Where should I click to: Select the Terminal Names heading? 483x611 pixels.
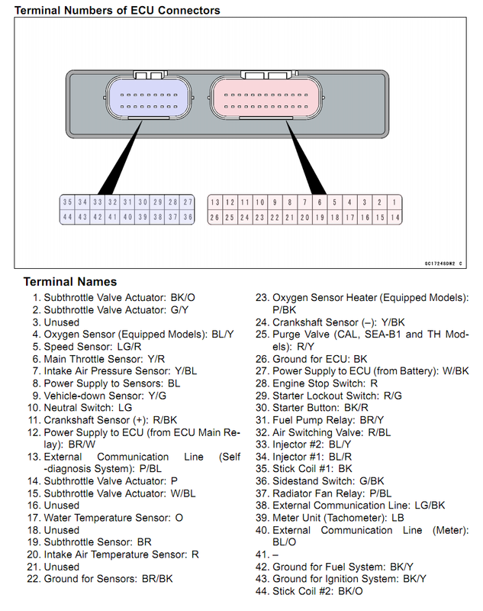(70, 282)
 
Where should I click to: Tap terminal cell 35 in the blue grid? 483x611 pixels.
(68, 202)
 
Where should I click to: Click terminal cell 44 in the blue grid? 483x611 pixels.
(68, 217)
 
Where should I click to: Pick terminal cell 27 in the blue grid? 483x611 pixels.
(188, 202)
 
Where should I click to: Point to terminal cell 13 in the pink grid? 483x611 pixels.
(215, 202)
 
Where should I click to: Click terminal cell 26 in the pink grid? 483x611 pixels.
(215, 217)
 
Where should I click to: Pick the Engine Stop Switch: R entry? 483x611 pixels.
(325, 383)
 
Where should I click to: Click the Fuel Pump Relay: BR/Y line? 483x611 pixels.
(330, 420)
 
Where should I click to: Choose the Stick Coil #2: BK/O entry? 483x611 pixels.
(317, 591)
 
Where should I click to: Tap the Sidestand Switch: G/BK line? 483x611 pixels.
(328, 481)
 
